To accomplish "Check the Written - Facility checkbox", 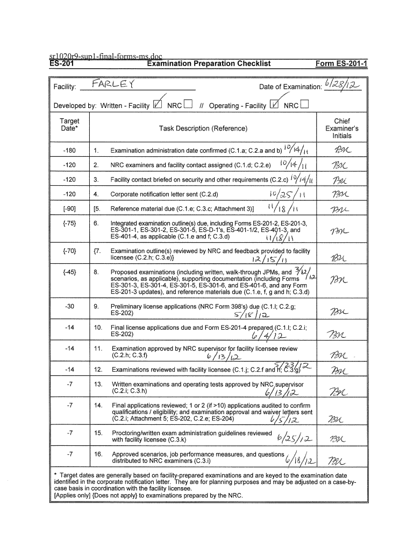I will point(158,105).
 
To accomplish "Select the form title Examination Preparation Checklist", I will point(209,64).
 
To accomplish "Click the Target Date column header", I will point(69,125).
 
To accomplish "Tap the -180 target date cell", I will point(69,150).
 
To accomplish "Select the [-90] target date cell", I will point(69,208).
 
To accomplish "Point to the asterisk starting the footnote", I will point(56,475).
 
